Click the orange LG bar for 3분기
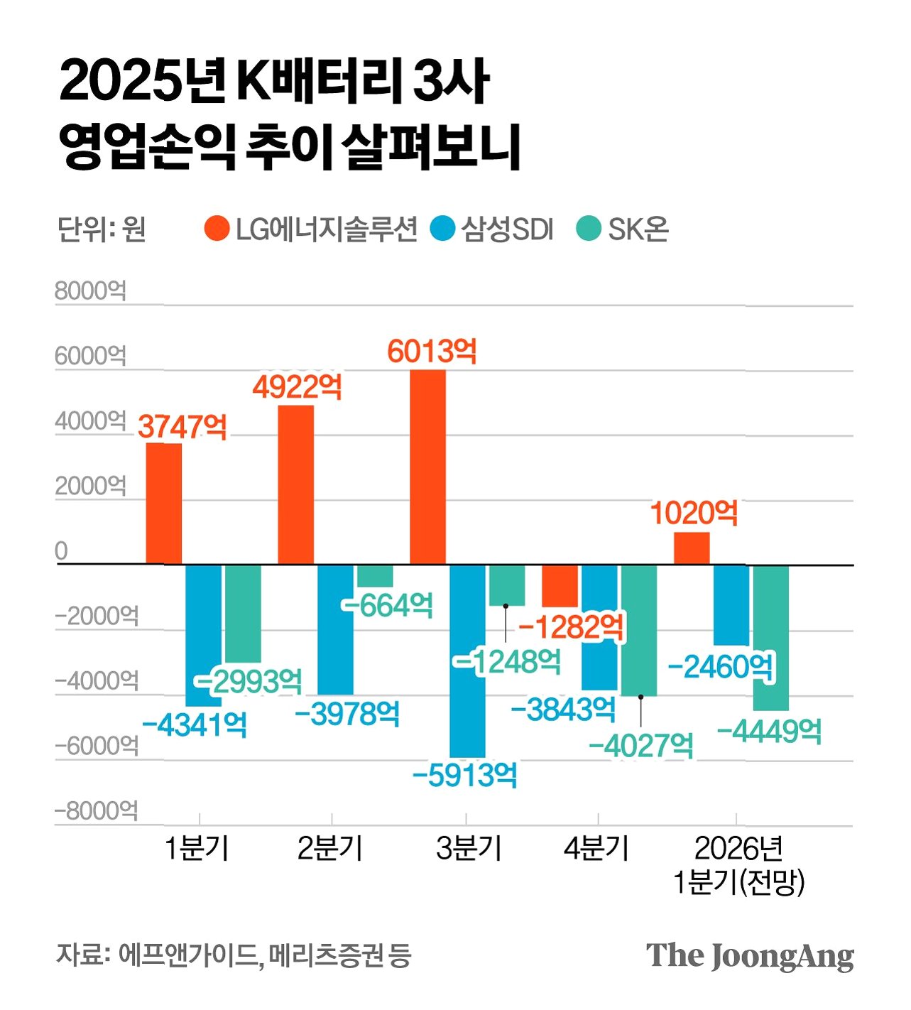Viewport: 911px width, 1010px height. (x=428, y=467)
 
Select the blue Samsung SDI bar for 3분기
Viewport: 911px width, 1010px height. (x=468, y=661)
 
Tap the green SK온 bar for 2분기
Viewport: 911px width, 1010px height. (x=375, y=576)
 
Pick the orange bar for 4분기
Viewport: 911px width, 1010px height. (x=560, y=586)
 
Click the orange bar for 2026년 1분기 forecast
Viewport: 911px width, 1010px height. (x=692, y=548)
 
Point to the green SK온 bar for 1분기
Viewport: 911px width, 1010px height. (x=243, y=614)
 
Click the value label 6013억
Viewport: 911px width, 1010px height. (x=432, y=352)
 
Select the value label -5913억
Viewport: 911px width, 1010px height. (x=464, y=775)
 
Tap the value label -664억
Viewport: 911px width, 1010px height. (x=388, y=604)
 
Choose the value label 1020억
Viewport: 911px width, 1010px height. (x=694, y=513)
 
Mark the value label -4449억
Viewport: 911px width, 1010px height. (x=769, y=731)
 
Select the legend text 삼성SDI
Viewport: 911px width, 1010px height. (x=508, y=229)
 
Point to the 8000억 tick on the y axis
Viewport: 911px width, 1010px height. (x=90, y=291)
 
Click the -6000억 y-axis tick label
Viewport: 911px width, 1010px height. (x=96, y=746)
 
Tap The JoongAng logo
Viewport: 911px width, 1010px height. (x=750, y=955)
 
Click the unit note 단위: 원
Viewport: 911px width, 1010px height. (x=102, y=229)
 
